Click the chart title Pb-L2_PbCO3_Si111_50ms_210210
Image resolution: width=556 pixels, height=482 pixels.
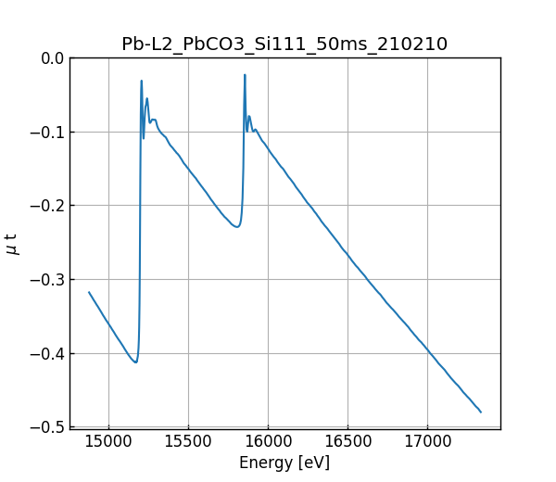point(284,44)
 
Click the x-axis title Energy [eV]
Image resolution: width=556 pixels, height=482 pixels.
point(284,463)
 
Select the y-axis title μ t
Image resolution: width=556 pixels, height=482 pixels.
point(12,243)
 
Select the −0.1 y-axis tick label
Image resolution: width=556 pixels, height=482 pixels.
point(47,132)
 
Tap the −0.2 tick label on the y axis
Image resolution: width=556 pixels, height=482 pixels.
point(47,206)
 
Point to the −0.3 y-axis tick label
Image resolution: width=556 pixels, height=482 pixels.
point(47,279)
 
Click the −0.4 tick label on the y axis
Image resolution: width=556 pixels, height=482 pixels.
point(47,353)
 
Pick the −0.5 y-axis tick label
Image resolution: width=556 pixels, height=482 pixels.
point(47,426)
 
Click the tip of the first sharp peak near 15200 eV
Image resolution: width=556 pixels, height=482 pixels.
point(142,81)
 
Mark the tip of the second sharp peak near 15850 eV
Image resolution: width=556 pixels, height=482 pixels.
point(245,75)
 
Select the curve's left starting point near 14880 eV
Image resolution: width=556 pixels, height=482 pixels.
point(89,292)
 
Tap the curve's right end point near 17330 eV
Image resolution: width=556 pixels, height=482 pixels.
point(481,412)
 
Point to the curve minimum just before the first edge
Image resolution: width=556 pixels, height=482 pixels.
point(135,361)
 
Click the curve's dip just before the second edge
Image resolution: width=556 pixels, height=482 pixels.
point(237,226)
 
